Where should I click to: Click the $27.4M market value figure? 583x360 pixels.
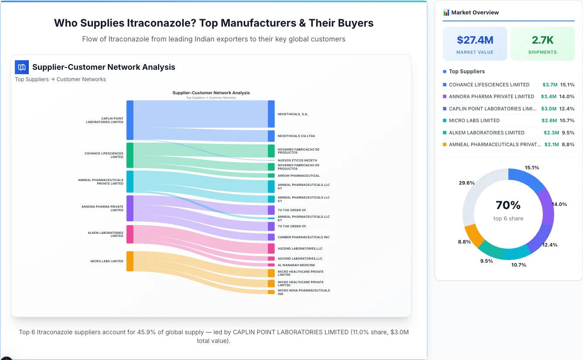pos(475,40)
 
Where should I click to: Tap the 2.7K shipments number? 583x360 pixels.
pos(542,40)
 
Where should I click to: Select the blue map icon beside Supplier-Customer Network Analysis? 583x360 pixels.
pos(21,67)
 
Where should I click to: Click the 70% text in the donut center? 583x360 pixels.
pos(508,205)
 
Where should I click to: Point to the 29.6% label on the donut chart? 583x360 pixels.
pos(466,183)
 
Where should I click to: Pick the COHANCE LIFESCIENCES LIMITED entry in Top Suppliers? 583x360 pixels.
pos(489,85)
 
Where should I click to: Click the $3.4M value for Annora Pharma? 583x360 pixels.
pos(549,96)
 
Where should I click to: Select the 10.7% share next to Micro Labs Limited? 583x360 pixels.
pos(567,120)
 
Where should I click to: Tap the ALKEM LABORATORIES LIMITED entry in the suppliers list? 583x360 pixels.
pos(486,133)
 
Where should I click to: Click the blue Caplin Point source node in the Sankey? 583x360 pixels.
pos(130,120)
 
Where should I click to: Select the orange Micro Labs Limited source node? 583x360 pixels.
pos(130,261)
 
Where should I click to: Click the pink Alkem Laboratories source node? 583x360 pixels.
pos(130,234)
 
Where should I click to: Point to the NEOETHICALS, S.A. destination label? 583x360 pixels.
pos(293,114)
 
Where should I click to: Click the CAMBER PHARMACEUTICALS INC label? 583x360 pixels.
pos(304,237)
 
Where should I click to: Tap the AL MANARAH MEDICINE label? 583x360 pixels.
pos(296,265)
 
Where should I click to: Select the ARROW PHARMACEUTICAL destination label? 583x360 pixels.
pos(298,175)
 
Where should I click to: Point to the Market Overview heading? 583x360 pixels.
pos(475,13)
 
